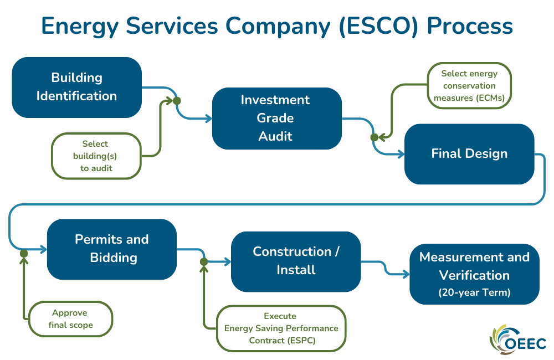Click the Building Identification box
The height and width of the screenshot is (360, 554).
click(x=76, y=87)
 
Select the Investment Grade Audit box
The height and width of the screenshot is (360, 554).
click(x=276, y=118)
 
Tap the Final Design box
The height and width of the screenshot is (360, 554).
click(x=469, y=154)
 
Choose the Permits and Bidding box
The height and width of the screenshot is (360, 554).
click(x=112, y=249)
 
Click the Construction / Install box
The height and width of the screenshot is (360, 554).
click(x=296, y=261)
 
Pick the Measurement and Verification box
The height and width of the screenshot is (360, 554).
click(x=474, y=274)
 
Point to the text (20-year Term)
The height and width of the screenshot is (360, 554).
click(x=474, y=292)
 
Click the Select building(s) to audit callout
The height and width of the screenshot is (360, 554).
click(x=96, y=156)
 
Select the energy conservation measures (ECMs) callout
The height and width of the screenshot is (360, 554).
click(x=469, y=86)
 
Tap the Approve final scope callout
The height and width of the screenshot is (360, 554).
click(x=71, y=319)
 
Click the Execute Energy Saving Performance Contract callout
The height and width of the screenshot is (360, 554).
click(x=281, y=328)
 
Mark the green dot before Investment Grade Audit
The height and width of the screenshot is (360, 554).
click(x=177, y=101)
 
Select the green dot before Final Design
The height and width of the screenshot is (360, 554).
click(x=374, y=137)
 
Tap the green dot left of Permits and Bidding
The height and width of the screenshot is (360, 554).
click(x=24, y=253)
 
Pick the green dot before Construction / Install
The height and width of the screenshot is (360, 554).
click(x=203, y=261)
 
